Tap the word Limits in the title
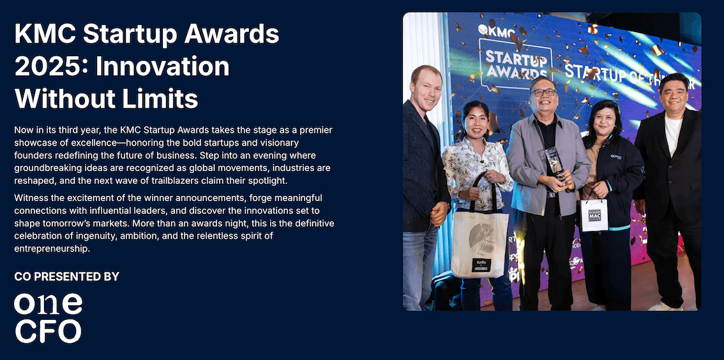(159, 99)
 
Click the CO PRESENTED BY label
(66, 276)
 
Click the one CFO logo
(48, 318)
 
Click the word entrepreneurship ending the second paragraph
(52, 248)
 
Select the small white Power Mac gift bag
(594, 215)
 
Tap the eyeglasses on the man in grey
(543, 93)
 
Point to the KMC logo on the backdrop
(492, 29)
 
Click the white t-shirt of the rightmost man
(672, 135)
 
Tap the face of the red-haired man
(427, 88)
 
